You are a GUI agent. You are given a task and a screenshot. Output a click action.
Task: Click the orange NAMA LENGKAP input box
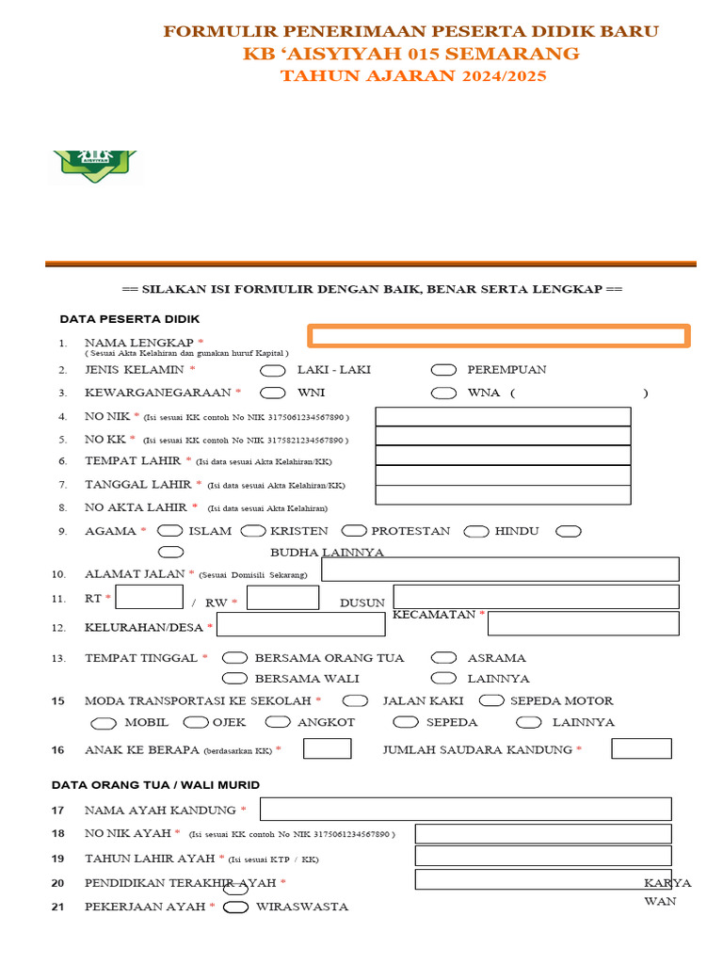[499, 336]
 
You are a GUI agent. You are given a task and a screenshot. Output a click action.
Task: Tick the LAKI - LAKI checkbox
[272, 370]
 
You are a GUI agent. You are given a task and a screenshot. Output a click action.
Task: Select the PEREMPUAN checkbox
[443, 370]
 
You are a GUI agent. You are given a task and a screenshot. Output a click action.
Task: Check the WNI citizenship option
[272, 393]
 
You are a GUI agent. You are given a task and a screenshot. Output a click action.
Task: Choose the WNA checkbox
[443, 393]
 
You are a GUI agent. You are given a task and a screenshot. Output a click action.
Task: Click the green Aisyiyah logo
[97, 165]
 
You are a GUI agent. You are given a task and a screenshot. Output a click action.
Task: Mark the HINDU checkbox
[477, 531]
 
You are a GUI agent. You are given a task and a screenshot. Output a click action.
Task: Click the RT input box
[149, 597]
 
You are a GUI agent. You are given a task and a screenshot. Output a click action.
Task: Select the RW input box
[282, 597]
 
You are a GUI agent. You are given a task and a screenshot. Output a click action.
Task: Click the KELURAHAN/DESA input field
[300, 624]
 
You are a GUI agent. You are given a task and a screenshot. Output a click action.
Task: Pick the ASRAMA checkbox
[443, 658]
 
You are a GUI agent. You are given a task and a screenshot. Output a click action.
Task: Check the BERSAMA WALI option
[234, 678]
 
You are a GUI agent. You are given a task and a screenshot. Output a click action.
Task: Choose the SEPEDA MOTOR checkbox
[491, 700]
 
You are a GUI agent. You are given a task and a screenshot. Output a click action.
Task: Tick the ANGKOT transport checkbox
[278, 722]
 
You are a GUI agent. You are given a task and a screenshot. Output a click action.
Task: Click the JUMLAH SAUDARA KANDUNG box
[641, 748]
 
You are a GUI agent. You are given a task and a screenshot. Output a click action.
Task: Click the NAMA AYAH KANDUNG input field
[465, 809]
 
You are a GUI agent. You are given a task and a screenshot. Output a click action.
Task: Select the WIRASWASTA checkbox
[235, 907]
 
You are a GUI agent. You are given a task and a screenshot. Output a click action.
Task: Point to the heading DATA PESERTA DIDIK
[130, 319]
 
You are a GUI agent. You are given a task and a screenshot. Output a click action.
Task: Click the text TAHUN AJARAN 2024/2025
[412, 76]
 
